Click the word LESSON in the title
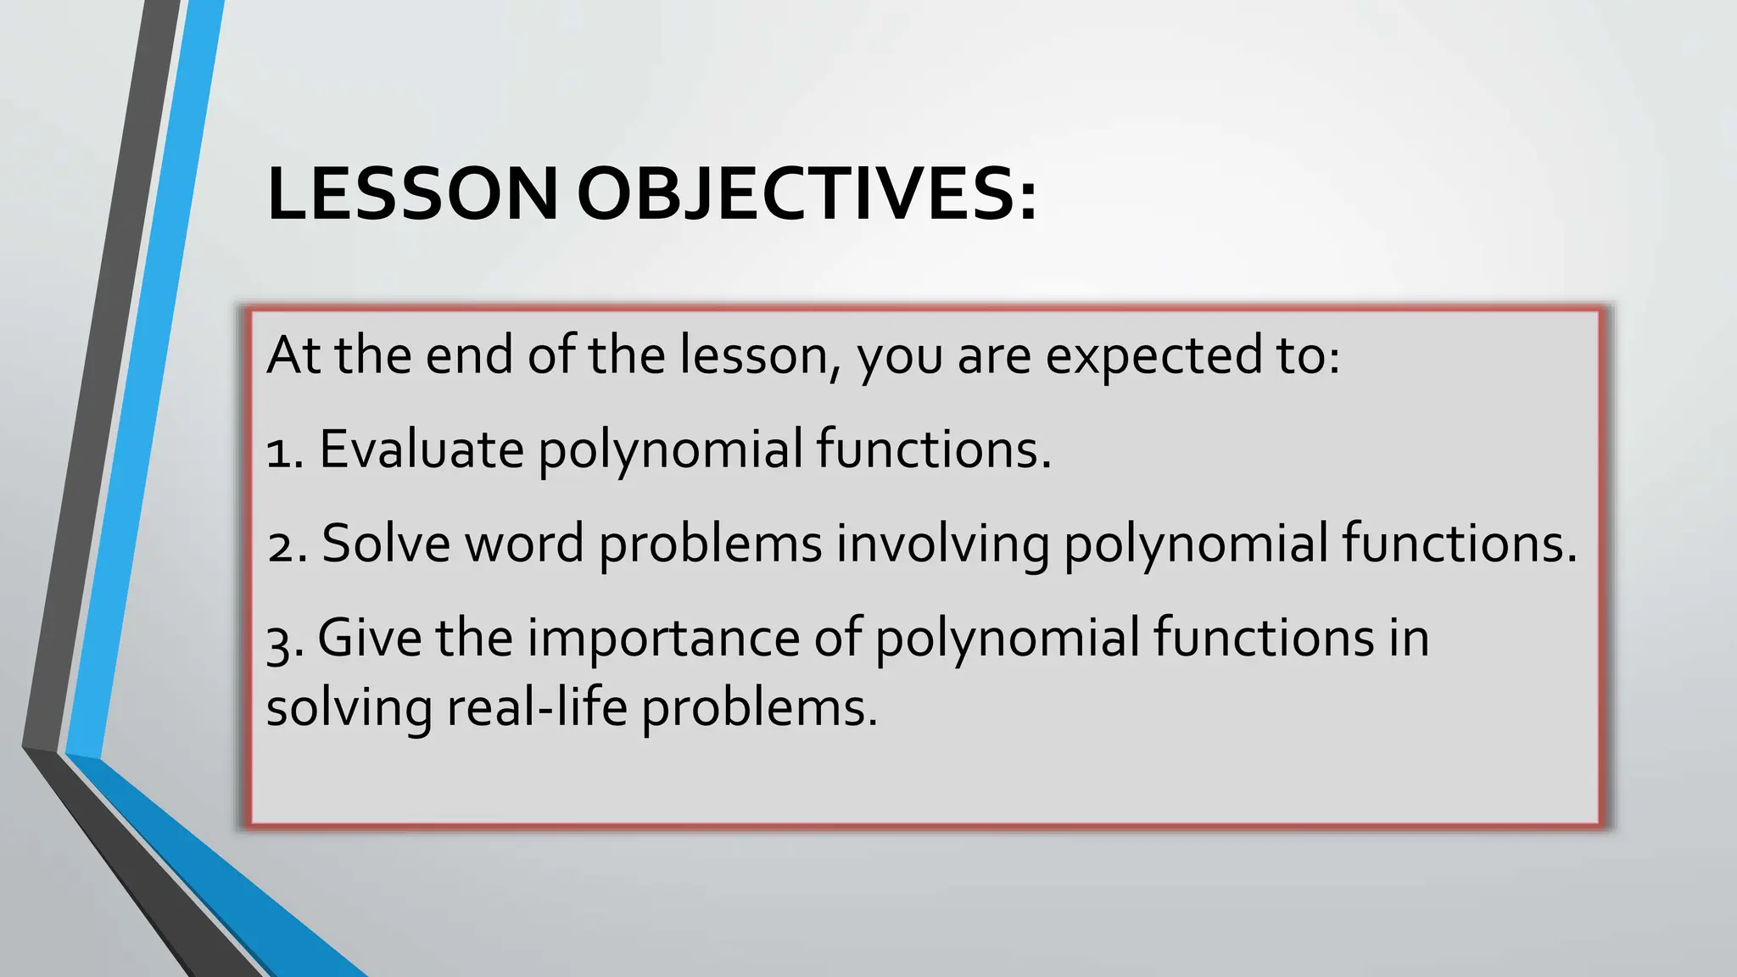point(412,194)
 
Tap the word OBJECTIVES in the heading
point(792,194)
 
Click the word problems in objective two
point(711,544)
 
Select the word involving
point(942,544)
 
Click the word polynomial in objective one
point(670,449)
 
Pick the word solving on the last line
point(349,708)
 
